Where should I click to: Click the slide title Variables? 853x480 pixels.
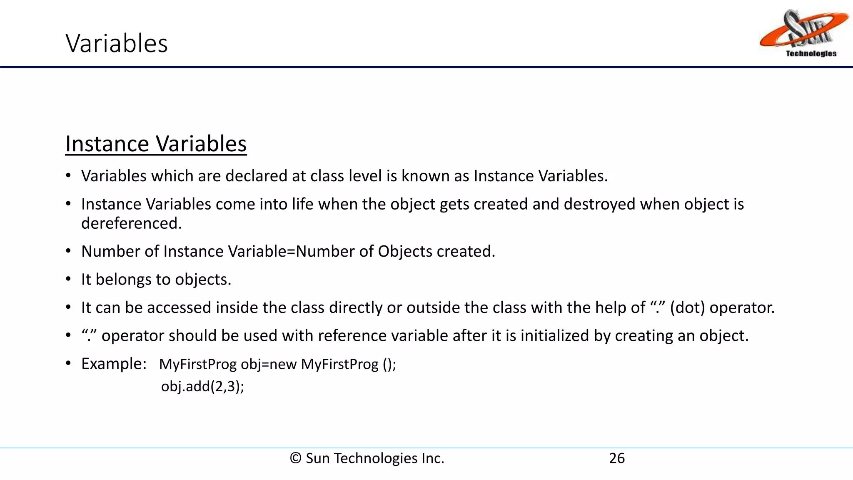pos(117,43)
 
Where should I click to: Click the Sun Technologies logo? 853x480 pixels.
pos(803,31)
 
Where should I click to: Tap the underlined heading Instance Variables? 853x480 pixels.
pos(156,144)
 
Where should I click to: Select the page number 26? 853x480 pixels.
pos(617,458)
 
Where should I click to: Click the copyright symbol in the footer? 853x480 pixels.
pos(295,458)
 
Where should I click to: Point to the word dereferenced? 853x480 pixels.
pos(131,224)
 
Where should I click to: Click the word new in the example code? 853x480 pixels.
pos(283,364)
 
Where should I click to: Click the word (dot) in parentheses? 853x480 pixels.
pos(687,307)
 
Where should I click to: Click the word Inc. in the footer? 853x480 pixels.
pos(433,458)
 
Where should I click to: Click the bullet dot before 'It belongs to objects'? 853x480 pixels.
pos(68,279)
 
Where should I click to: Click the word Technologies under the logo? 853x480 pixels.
pos(811,53)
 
